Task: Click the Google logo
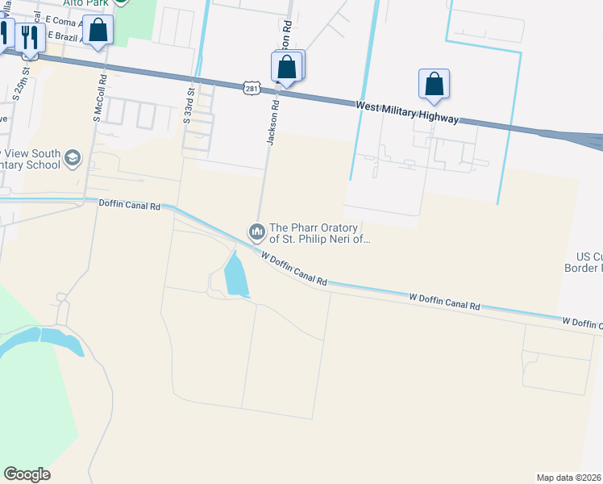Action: tap(27, 474)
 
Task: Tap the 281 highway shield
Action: tap(252, 88)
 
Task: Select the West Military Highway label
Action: tap(408, 112)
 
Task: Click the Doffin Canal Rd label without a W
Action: tap(129, 205)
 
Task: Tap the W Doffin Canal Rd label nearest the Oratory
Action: tap(294, 269)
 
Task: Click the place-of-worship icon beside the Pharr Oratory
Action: tap(257, 232)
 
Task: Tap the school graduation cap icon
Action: tap(73, 156)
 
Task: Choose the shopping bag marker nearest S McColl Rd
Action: tap(98, 31)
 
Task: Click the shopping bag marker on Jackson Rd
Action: tap(287, 67)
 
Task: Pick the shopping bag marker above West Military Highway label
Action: tap(434, 84)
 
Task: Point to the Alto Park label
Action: tap(89, 3)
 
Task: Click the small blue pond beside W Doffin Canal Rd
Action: tap(235, 274)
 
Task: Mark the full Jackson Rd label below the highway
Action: tap(272, 123)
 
